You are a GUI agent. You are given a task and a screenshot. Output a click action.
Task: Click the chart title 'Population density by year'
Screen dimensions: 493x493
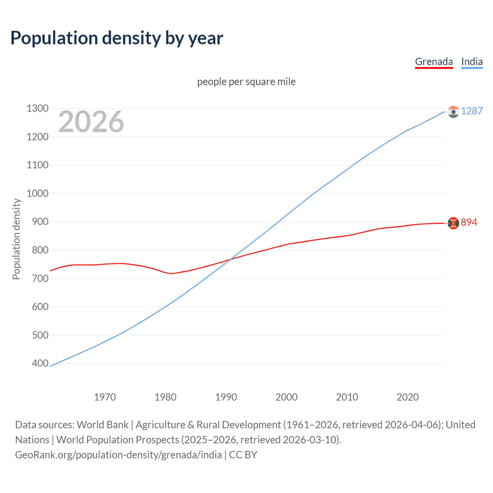[117, 38]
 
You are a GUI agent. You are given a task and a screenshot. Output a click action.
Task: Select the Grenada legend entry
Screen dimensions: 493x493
[434, 62]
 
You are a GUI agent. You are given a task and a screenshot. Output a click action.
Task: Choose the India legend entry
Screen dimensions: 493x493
[472, 62]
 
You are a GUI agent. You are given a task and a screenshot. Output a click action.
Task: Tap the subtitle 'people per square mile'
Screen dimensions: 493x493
[246, 82]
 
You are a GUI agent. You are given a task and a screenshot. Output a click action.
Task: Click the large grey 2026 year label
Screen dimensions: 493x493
[91, 122]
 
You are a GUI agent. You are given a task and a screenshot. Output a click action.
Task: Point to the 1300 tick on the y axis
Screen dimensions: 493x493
[37, 109]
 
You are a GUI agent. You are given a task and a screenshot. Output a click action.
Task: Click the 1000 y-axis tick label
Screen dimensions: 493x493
[37, 193]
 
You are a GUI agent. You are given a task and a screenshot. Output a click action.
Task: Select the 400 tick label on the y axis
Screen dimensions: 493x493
[40, 363]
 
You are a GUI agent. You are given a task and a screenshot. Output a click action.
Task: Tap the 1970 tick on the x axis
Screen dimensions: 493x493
[105, 397]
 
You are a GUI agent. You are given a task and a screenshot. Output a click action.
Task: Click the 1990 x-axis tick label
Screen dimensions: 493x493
[226, 397]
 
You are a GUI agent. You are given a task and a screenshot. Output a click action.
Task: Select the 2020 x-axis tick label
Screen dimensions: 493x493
[407, 397]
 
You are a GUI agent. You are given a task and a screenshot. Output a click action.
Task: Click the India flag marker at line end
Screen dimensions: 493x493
[453, 112]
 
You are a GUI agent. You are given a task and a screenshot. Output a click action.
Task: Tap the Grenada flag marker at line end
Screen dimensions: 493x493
[453, 223]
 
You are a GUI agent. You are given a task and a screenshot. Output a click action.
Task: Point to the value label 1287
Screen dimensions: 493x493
[472, 111]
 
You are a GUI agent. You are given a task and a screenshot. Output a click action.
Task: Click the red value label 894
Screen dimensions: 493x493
[469, 222]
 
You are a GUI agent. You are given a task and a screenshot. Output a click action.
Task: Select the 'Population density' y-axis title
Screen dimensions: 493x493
[16, 239]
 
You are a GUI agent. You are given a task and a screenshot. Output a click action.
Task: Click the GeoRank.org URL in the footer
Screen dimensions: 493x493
[118, 455]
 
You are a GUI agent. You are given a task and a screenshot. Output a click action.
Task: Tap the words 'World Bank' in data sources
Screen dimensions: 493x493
[102, 425]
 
